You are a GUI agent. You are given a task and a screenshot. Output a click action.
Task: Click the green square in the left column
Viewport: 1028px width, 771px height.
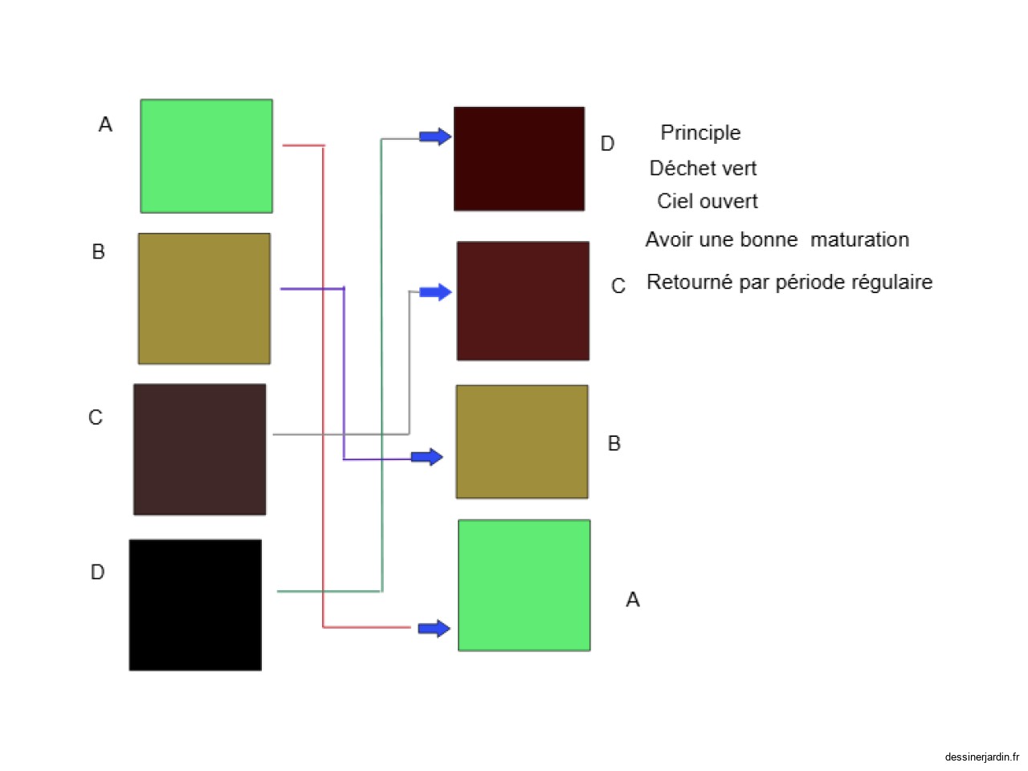pos(206,156)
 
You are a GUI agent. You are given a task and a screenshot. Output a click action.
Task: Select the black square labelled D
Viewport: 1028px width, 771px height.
pos(195,605)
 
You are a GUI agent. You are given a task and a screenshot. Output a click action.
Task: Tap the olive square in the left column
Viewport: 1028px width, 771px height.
pos(204,299)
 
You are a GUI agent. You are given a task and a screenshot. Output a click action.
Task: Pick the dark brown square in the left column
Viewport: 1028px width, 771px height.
pos(199,449)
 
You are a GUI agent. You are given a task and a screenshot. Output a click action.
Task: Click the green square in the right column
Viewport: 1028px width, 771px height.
pos(524,585)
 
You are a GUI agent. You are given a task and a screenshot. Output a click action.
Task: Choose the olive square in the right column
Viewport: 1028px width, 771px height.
pos(522,442)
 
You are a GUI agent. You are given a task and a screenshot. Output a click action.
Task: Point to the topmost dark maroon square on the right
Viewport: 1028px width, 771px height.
pos(519,159)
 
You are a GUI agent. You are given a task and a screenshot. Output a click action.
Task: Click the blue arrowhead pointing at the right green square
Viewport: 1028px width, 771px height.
pos(434,628)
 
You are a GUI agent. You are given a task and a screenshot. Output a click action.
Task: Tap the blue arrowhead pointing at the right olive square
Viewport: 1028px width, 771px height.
pos(427,457)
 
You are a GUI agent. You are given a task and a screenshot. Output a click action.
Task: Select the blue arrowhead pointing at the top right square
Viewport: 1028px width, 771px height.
pos(435,137)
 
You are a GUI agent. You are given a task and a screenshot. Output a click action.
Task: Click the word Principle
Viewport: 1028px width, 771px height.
pos(700,133)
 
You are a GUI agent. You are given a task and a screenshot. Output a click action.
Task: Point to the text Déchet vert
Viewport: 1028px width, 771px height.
pos(703,168)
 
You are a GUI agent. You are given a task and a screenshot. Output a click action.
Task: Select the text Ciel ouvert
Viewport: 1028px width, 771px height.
pos(707,201)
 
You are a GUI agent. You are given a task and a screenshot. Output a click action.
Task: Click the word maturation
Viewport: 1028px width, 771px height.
pos(859,239)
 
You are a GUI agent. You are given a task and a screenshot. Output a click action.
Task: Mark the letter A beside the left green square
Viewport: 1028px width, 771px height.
pos(105,124)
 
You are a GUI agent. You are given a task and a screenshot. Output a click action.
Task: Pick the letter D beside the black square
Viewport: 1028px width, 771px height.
pos(97,572)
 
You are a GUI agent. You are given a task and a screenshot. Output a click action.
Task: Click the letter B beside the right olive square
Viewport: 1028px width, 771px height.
pos(614,443)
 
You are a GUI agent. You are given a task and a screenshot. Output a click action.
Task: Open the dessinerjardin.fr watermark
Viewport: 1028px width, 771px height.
pos(981,757)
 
